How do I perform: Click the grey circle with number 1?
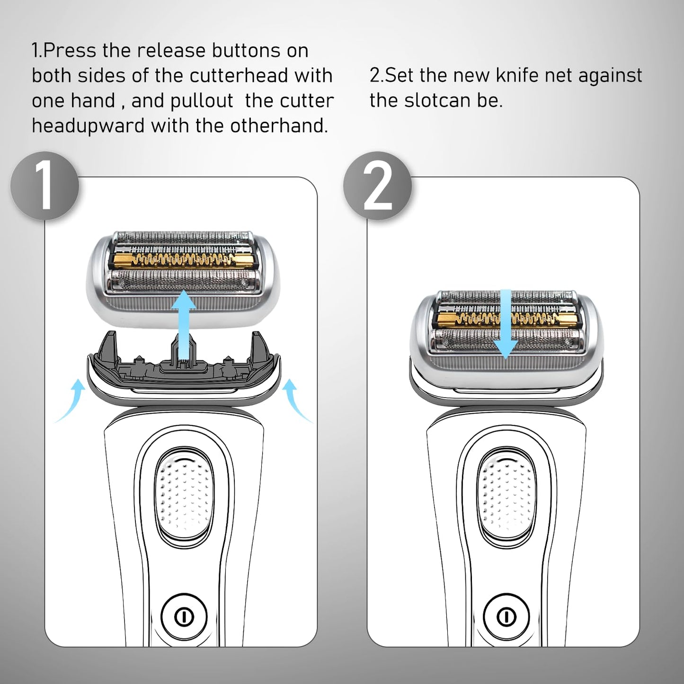[x=44, y=186]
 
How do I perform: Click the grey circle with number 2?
[x=377, y=186]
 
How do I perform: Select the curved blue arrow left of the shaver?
[x=71, y=402]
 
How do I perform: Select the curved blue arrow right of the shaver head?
[x=296, y=402]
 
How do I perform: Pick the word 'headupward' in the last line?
[x=88, y=126]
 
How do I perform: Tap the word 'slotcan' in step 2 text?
[x=437, y=101]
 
